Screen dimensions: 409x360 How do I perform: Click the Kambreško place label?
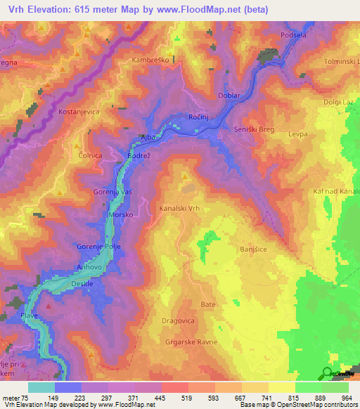pyautogui.click(x=149, y=61)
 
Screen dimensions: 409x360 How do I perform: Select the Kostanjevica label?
pyautogui.click(x=80, y=112)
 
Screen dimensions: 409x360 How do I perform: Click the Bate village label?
pyautogui.click(x=208, y=304)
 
